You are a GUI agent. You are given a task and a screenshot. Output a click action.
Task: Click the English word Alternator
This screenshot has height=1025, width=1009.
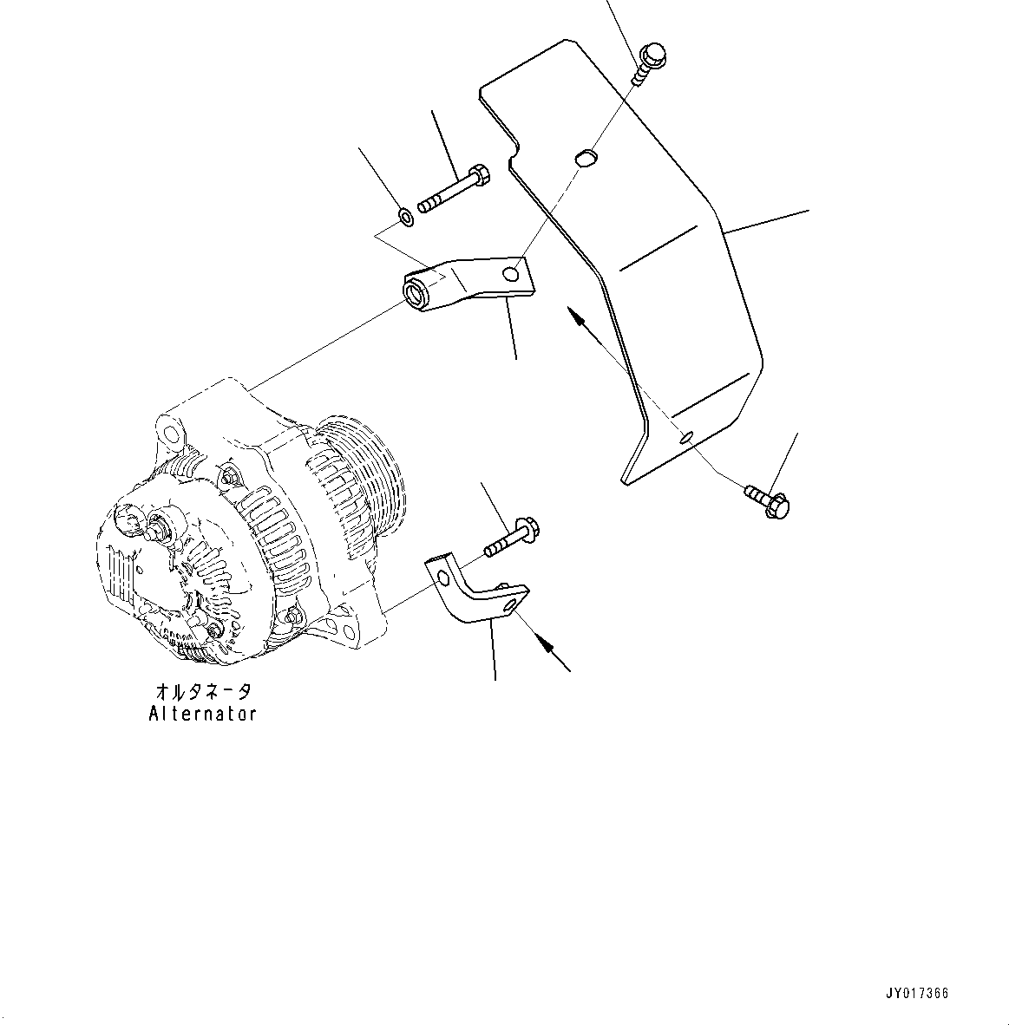[203, 714]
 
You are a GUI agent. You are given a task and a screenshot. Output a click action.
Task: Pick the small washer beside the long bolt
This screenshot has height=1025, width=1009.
[406, 215]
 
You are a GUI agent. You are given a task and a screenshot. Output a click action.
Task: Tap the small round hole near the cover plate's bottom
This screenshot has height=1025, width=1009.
[687, 436]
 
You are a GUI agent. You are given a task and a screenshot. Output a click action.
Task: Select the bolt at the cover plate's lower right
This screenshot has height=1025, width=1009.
[768, 500]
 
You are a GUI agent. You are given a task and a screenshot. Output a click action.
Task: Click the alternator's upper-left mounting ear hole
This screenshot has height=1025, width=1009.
[170, 430]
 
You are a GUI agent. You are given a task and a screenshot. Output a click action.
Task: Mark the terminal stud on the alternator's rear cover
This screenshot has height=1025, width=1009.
[161, 525]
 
